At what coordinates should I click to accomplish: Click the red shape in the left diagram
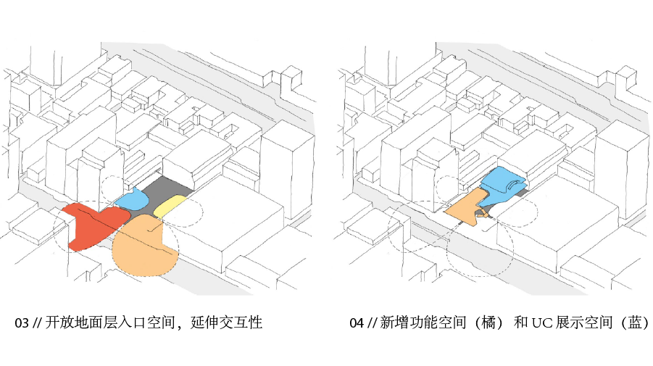pyautogui.click(x=86, y=222)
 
